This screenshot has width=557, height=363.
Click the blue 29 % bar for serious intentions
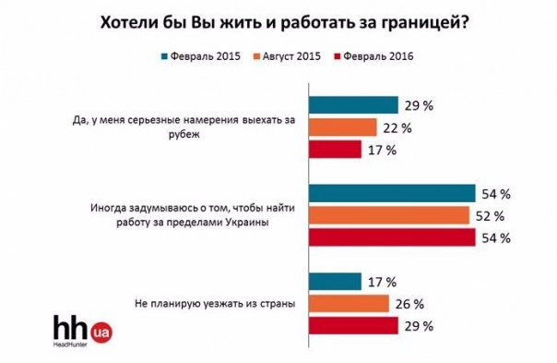coord(352,104)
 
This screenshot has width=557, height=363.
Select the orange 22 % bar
coord(342,127)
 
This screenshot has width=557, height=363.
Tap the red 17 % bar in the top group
coord(335,149)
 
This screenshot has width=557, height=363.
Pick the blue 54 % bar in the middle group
coord(392,193)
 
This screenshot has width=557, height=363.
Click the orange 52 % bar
coord(388,215)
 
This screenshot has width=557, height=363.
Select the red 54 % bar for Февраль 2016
coord(392,237)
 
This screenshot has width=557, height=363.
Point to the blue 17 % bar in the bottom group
coord(335,282)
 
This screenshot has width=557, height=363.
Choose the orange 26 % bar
coord(348,304)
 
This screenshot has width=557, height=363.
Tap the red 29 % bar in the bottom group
coord(352,325)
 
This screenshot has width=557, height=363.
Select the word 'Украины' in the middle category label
coord(269,224)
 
